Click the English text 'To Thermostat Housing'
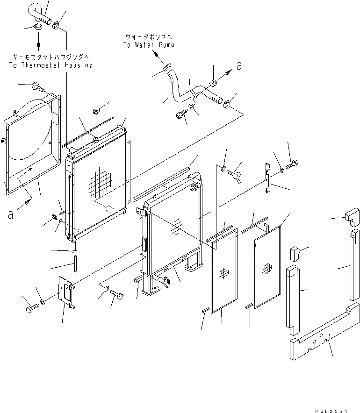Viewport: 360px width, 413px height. [50, 65]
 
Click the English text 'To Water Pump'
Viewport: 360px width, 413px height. [149, 45]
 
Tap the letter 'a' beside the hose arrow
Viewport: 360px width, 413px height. [239, 66]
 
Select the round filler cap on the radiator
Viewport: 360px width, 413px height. [192, 189]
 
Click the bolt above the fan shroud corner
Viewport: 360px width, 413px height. [38, 86]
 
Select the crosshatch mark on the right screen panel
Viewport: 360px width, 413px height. [268, 268]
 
